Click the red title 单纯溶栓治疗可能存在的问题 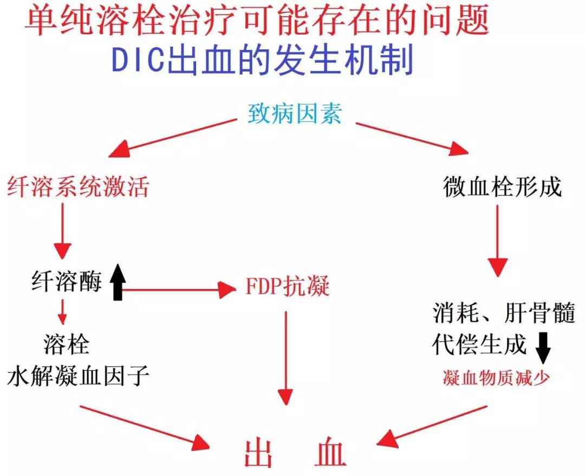point(258,20)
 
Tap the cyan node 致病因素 point(295,114)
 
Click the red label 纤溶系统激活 point(77,188)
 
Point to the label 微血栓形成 point(502,188)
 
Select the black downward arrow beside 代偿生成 point(543,348)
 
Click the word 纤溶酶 point(66,283)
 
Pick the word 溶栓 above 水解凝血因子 point(66,344)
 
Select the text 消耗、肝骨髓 point(503,313)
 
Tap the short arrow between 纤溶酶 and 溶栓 point(63,312)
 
